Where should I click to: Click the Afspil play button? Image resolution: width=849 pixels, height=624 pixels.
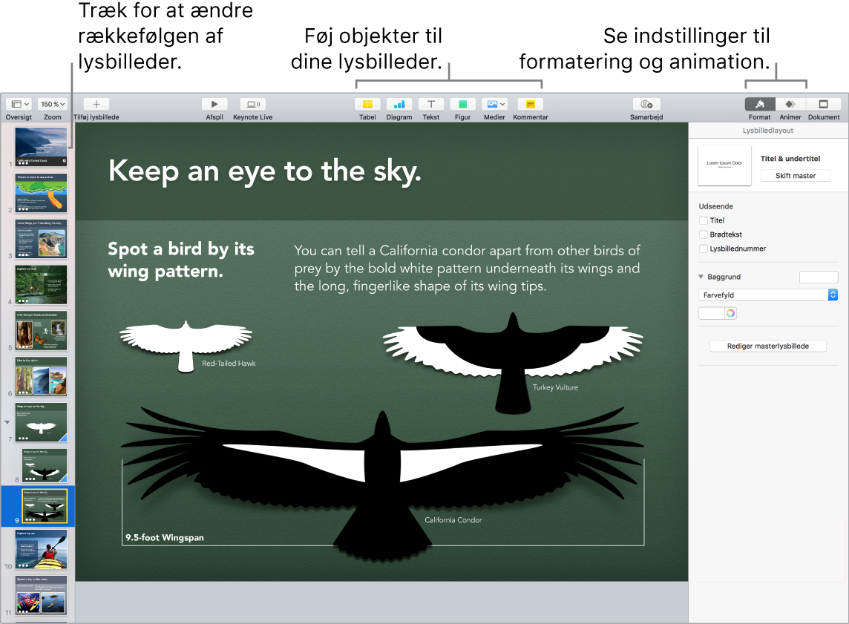[214, 105]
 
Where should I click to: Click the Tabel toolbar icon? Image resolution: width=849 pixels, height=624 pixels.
[367, 105]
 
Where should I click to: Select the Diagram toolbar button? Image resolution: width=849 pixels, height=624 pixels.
[399, 105]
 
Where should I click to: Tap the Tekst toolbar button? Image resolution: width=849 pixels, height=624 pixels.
[430, 105]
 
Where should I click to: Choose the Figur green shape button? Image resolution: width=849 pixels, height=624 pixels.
[462, 105]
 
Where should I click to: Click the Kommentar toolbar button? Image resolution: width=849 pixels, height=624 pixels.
[530, 105]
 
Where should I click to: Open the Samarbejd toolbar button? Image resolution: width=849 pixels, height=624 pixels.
[646, 105]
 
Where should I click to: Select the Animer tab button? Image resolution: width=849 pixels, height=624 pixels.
[790, 105]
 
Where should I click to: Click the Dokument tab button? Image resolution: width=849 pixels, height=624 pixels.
[823, 105]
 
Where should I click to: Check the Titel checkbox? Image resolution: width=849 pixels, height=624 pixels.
[704, 220]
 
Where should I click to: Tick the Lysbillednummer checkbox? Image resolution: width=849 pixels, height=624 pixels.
[704, 249]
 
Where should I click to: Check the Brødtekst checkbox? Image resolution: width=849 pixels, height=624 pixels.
[704, 234]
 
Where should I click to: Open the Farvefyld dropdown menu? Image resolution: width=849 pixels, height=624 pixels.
[768, 295]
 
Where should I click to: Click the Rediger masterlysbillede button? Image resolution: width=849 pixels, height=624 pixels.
[767, 346]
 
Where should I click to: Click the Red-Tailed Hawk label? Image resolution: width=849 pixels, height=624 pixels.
[229, 364]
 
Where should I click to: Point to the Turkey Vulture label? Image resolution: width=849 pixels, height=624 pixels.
[555, 387]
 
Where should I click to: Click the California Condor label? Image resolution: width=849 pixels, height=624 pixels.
[453, 520]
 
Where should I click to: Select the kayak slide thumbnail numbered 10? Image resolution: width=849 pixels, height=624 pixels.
[42, 549]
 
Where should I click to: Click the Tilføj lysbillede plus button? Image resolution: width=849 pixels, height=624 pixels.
[96, 105]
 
